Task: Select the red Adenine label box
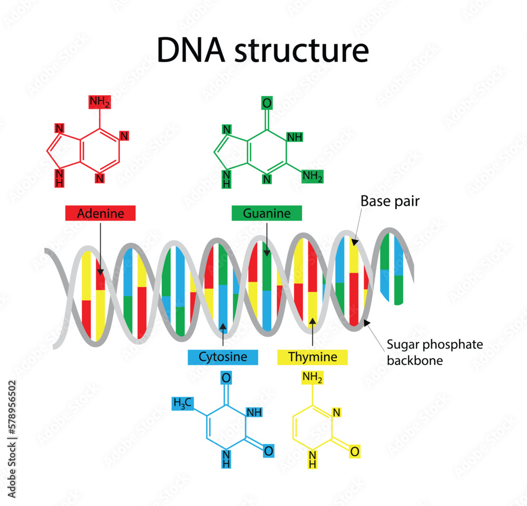(x=101, y=213)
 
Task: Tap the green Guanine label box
(x=267, y=213)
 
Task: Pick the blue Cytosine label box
(x=223, y=357)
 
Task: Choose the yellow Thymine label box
(x=313, y=357)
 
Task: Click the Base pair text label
(x=390, y=201)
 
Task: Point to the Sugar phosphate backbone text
(x=435, y=352)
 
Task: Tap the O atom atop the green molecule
(x=267, y=103)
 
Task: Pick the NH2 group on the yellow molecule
(x=312, y=378)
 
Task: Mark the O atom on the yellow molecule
(x=355, y=451)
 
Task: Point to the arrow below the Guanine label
(x=267, y=240)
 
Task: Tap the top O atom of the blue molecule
(x=226, y=378)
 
